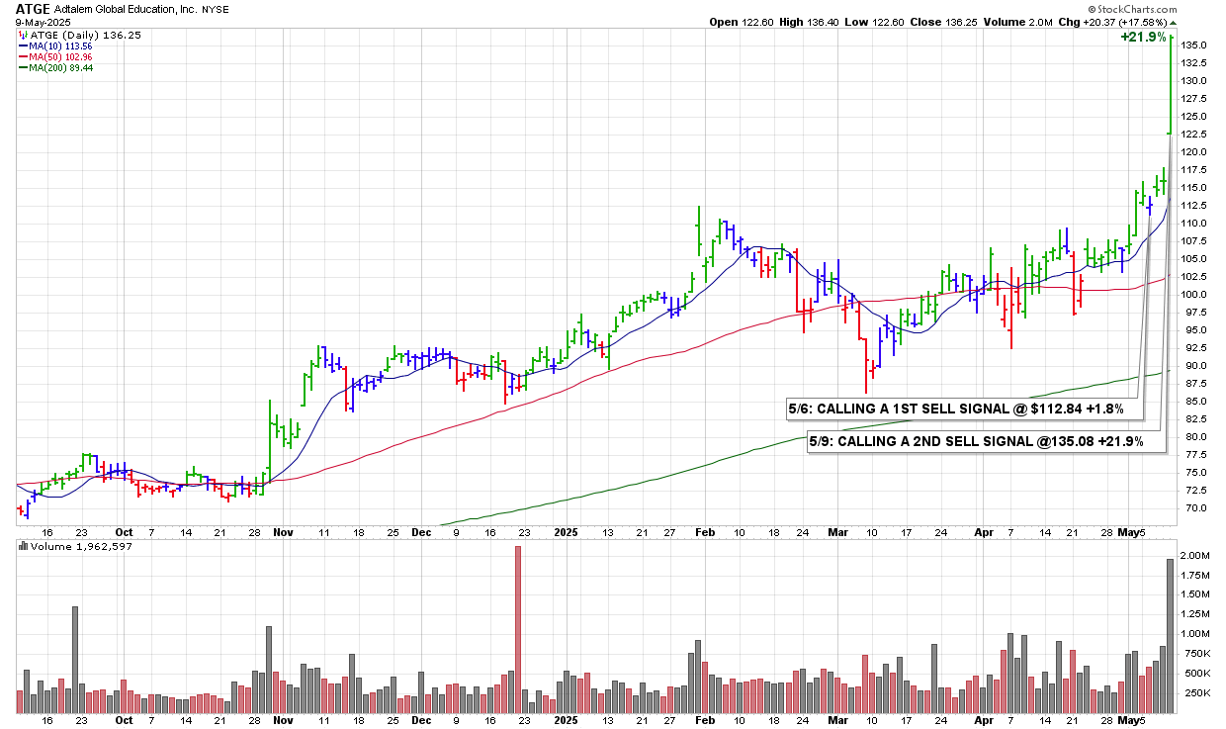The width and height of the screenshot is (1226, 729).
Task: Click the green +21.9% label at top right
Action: pyautogui.click(x=1139, y=37)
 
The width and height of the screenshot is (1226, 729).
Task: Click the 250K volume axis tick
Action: pyautogui.click(x=1197, y=692)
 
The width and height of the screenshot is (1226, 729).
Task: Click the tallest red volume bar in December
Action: pyautogui.click(x=517, y=630)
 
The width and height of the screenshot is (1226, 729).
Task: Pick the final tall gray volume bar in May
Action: pyautogui.click(x=1171, y=636)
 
